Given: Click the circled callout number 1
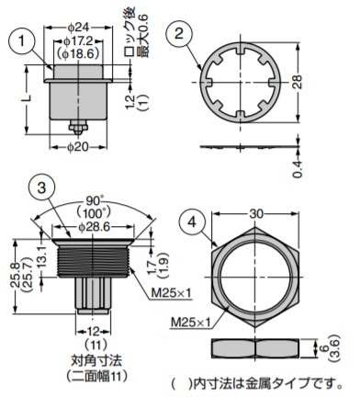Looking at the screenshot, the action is pyautogui.click(x=21, y=40).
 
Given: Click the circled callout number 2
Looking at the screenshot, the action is pyautogui.click(x=179, y=33).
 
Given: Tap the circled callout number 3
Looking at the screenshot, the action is pyautogui.click(x=42, y=188).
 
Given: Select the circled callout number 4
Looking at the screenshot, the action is pyautogui.click(x=192, y=221).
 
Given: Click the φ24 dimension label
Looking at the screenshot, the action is pyautogui.click(x=78, y=28).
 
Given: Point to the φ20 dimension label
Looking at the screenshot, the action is pyautogui.click(x=78, y=147).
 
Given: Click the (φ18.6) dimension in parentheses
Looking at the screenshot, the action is pyautogui.click(x=78, y=53).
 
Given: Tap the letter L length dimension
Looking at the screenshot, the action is pyautogui.click(x=28, y=97).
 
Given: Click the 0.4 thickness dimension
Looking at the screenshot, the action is pyautogui.click(x=298, y=169).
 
